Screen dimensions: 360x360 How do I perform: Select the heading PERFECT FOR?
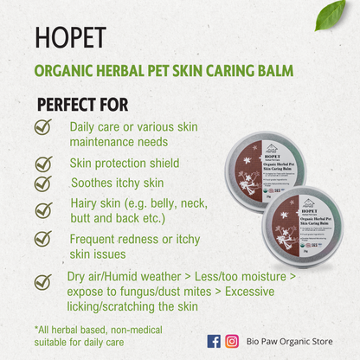coord(82,105)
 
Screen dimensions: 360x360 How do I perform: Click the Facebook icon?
coord(214,341)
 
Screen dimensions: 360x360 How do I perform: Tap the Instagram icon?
coord(232,341)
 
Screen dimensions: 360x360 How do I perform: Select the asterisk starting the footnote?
coord(37,329)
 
